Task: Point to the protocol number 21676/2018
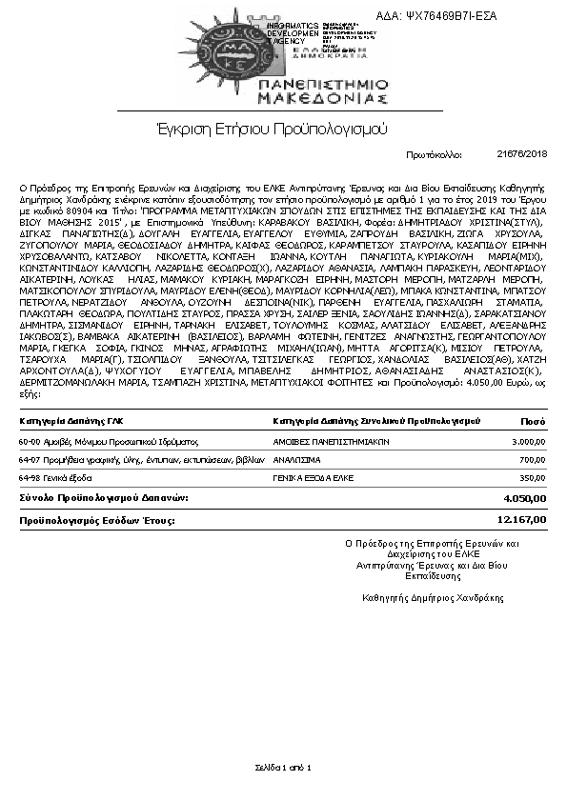pos(522,153)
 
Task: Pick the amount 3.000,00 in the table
pos(527,442)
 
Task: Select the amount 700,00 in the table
pos(533,459)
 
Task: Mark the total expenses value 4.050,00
pos(525,498)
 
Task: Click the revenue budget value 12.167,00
pos(522,520)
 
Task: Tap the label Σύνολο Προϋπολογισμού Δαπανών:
pos(104,498)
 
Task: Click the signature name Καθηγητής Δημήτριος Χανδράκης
pos(434,598)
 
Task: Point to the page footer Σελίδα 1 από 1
pos(283,767)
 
